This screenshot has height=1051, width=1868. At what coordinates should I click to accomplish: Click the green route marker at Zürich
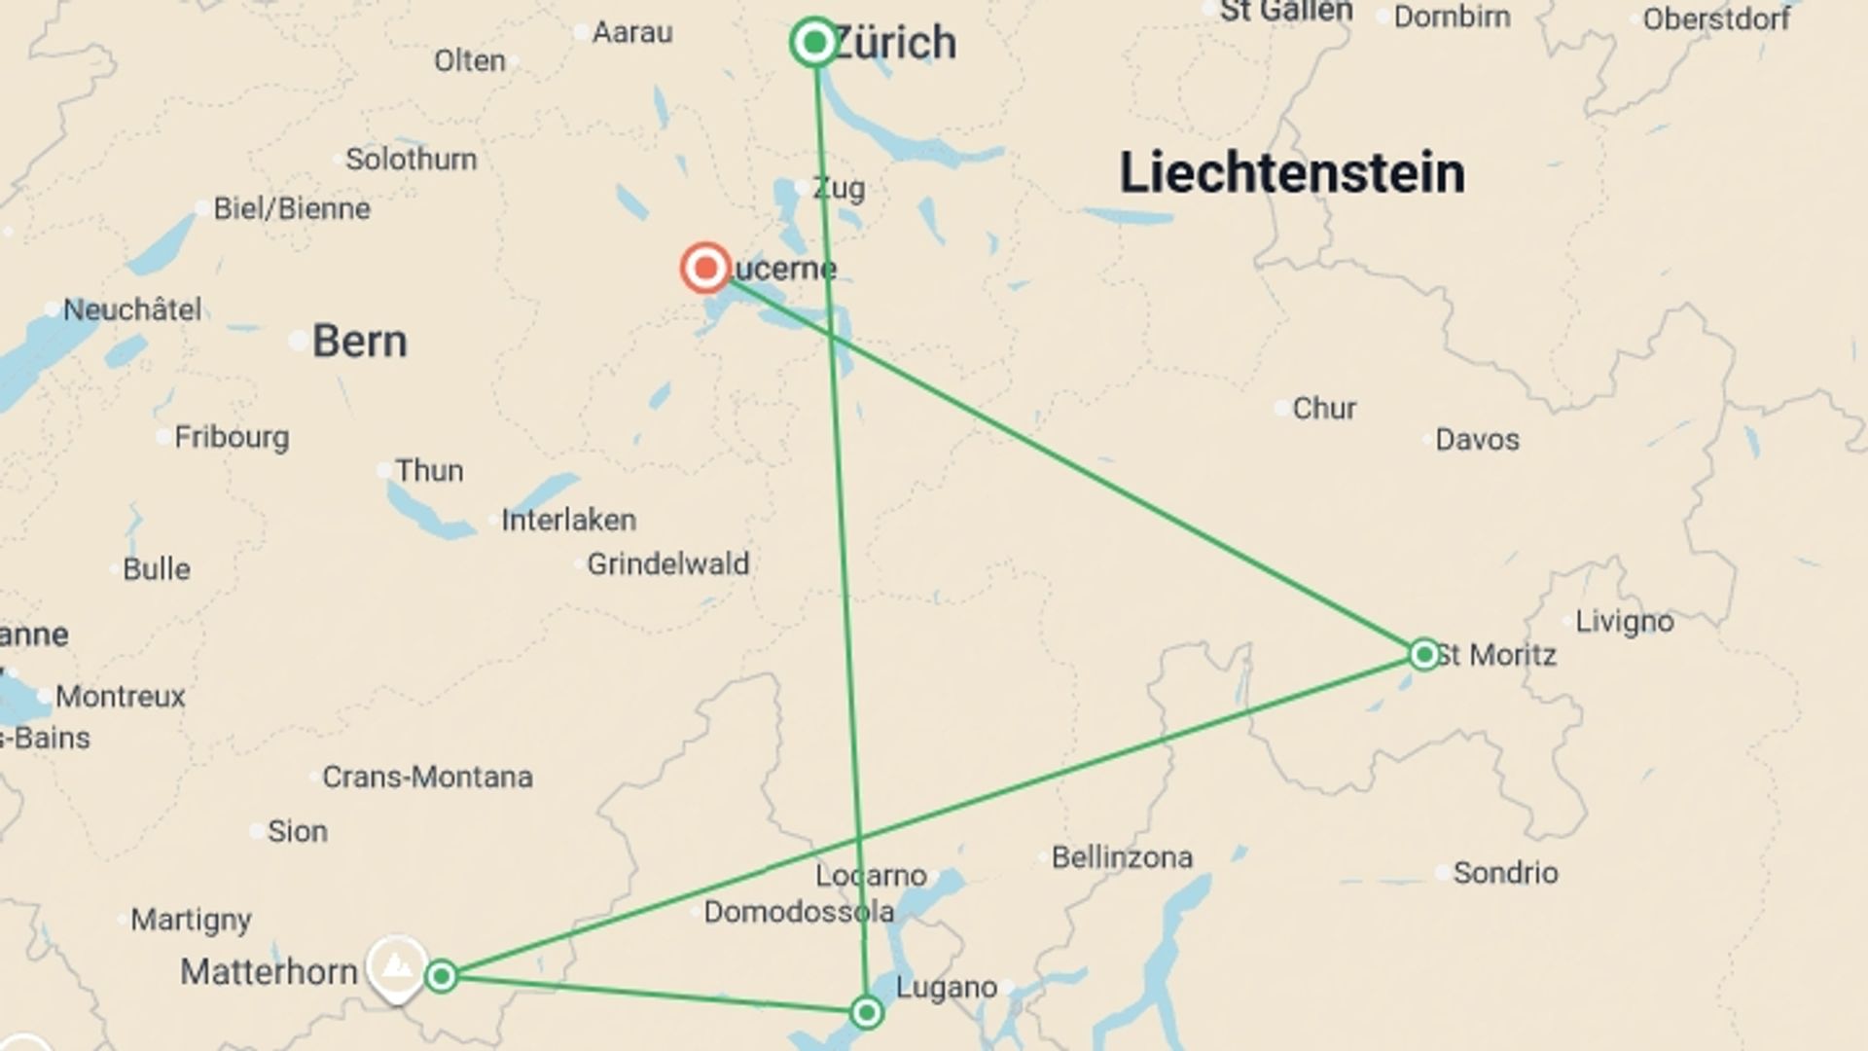pos(814,43)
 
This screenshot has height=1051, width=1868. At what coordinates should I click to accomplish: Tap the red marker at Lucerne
pos(705,268)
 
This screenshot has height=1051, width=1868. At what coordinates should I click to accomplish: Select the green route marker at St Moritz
pos(1424,654)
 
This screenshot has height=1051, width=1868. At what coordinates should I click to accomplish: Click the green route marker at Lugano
pos(866,1012)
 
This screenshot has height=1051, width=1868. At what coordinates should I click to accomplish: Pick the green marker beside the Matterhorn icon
pos(442,975)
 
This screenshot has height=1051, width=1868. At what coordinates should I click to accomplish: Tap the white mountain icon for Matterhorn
pos(396,966)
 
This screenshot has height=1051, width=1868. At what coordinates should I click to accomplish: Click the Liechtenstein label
pos(1291,173)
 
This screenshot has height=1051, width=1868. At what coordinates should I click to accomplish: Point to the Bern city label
pos(359,342)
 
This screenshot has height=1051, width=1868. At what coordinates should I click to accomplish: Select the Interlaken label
pos(568,520)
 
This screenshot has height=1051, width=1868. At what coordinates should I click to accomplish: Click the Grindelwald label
pos(667,563)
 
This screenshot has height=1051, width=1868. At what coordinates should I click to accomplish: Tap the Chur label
pos(1323,408)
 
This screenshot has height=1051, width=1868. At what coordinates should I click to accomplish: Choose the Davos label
pos(1476,439)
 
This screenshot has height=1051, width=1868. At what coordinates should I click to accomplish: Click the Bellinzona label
pos(1121,857)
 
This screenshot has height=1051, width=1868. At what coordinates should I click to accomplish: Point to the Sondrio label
pos(1504,873)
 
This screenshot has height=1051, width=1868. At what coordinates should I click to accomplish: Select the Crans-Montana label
pos(427,777)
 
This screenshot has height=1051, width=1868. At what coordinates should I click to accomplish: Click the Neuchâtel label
pos(132,309)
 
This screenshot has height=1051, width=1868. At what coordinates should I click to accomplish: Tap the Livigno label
pos(1624,621)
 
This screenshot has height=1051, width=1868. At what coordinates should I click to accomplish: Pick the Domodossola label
pos(798,912)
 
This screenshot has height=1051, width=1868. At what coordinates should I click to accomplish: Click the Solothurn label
pos(411,159)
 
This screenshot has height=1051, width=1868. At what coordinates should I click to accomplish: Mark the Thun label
pos(428,471)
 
